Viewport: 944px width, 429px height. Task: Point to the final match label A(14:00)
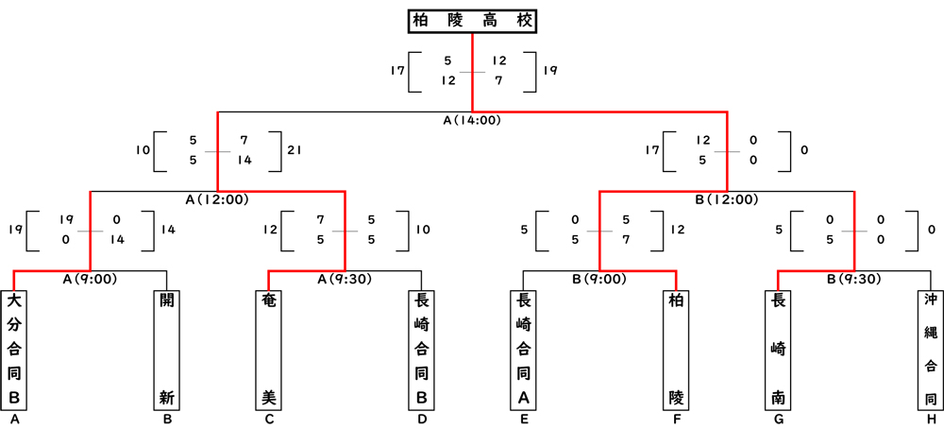click(x=472, y=120)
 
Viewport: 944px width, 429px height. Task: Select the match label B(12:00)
click(x=726, y=199)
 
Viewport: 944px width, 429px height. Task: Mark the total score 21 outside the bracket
click(x=294, y=150)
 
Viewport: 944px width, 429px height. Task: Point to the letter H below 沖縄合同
click(x=930, y=420)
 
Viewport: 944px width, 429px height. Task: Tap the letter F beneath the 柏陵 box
click(x=676, y=420)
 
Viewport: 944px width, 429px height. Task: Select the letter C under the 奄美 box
click(x=269, y=420)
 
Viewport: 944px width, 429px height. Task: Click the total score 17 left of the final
click(x=397, y=70)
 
